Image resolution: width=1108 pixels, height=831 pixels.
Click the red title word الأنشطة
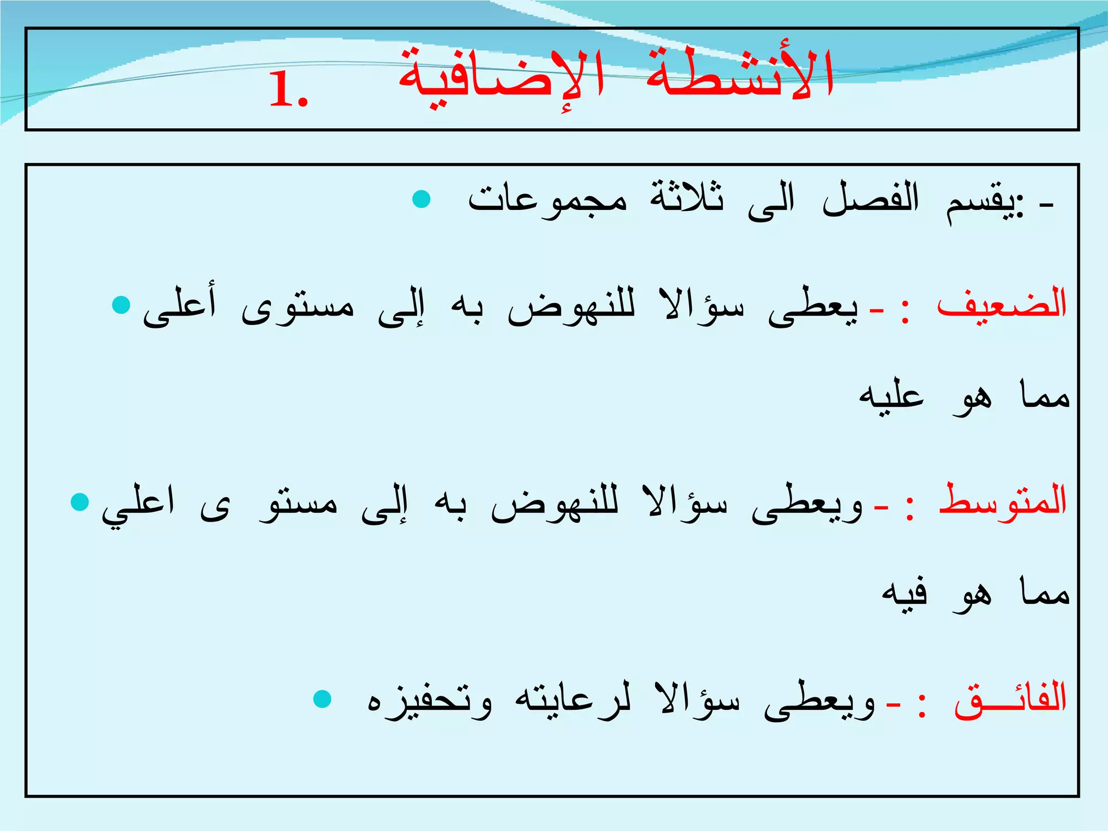pos(740,76)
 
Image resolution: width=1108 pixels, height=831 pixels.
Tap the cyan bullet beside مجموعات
pos(421,199)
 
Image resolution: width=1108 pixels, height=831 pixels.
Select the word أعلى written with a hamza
pos(180,306)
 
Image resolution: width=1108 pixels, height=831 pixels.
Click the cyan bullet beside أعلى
pos(121,305)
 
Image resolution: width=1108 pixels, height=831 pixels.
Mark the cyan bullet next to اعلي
pos(80,502)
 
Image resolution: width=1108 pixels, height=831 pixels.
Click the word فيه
pos(905,593)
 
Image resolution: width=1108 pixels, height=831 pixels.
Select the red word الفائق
pos(1010,698)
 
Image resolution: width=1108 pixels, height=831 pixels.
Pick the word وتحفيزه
pos(430,701)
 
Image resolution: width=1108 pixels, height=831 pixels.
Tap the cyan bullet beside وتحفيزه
pos(322,698)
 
